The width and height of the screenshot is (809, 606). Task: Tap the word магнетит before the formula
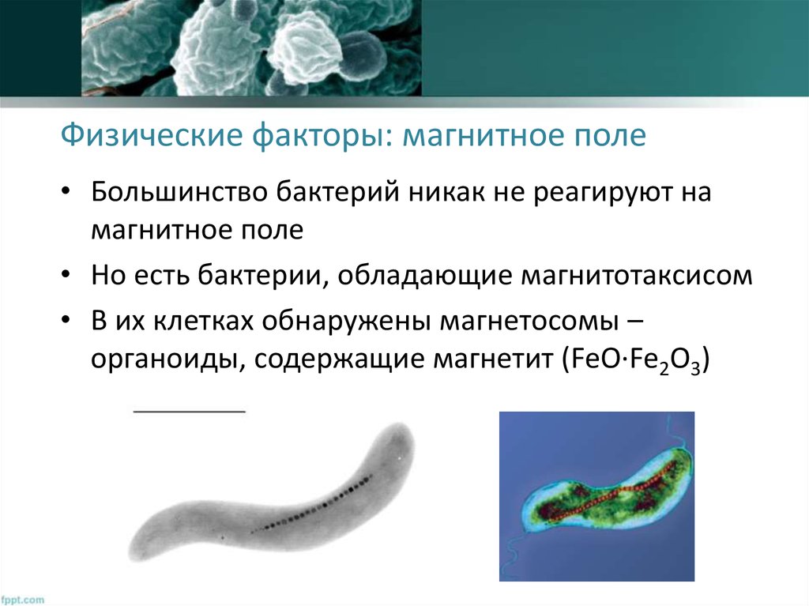(x=489, y=359)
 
